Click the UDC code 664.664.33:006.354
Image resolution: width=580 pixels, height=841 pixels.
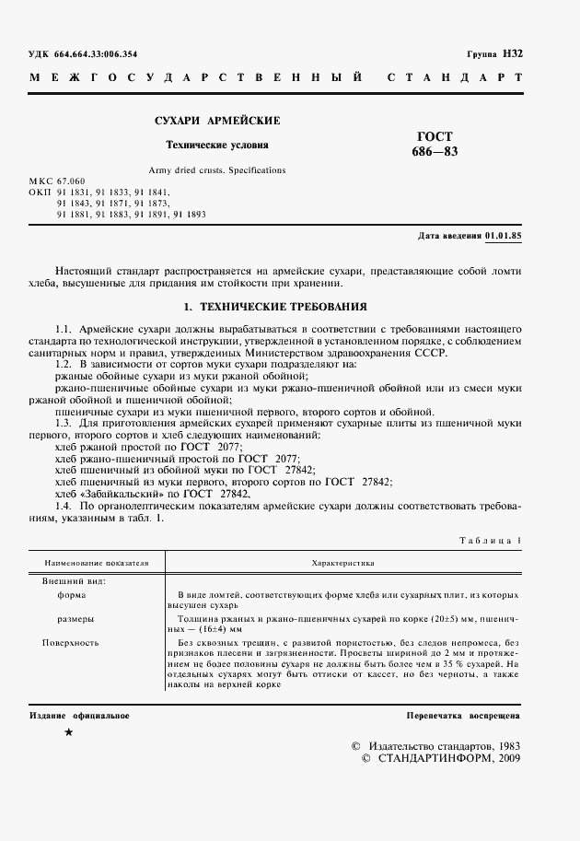click(97, 54)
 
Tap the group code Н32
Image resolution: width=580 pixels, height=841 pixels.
click(513, 53)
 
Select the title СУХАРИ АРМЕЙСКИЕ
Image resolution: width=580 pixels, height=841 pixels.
click(217, 121)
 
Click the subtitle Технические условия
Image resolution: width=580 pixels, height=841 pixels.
click(217, 145)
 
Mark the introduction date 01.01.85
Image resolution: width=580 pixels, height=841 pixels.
click(503, 236)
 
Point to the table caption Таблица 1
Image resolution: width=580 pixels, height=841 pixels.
click(490, 541)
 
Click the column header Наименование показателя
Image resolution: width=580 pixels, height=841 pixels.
click(91, 561)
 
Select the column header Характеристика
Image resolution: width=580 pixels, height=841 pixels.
click(342, 561)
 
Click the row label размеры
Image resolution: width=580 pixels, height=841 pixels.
click(75, 619)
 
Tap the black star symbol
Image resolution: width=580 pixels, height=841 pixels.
click(68, 731)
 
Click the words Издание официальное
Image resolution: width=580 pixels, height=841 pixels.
click(79, 716)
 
